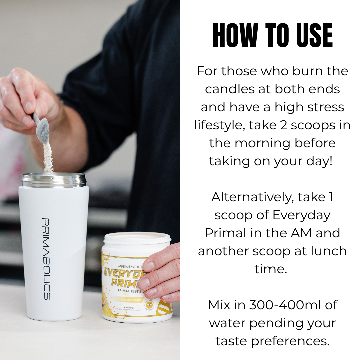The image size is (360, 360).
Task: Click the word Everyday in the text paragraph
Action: tap(301, 215)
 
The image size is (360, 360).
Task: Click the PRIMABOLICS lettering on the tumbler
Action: tap(46, 259)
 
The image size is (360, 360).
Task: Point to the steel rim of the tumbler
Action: tap(54, 180)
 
